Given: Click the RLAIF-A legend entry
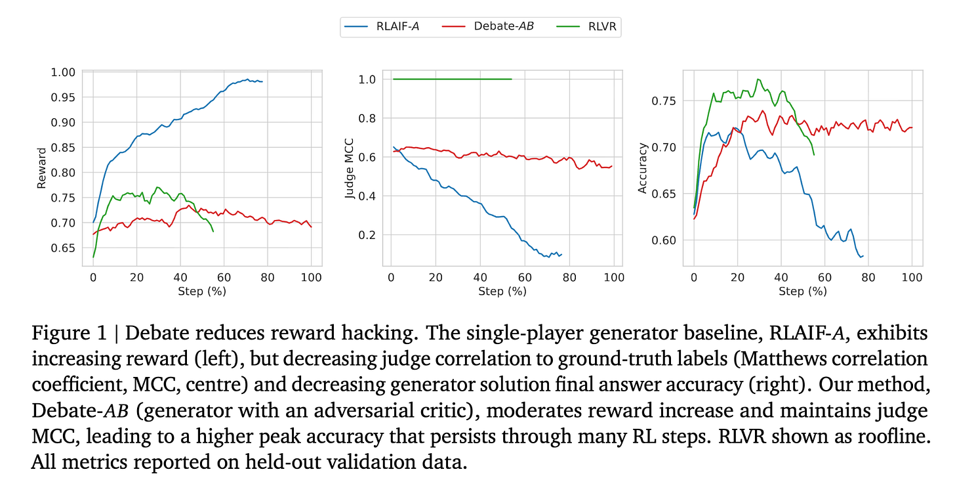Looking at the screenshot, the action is [382, 26].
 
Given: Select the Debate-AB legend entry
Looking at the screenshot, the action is [488, 26].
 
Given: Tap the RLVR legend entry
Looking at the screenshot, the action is [586, 26].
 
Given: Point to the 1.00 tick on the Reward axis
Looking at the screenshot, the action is [63, 72].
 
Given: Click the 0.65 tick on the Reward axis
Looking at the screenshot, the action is [63, 248].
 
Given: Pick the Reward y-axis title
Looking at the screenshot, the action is [41, 168].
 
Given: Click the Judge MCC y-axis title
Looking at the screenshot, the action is [349, 168].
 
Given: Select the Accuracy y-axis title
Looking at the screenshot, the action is [642, 168].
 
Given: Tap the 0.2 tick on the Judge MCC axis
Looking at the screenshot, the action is [367, 235].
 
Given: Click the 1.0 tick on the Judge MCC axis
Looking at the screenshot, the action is [367, 79].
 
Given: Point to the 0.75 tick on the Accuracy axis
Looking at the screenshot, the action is [664, 101].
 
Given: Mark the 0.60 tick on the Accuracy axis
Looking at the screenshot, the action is [664, 240].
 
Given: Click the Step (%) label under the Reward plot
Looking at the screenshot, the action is [202, 291].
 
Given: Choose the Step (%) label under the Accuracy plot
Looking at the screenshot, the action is [803, 291].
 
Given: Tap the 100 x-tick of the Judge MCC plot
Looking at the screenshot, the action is [614, 278].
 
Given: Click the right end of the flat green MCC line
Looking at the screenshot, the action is [512, 79].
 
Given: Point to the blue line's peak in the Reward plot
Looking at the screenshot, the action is [247, 79].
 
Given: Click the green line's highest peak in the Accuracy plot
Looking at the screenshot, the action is [758, 79].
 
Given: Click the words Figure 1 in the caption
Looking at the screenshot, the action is [69, 334].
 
